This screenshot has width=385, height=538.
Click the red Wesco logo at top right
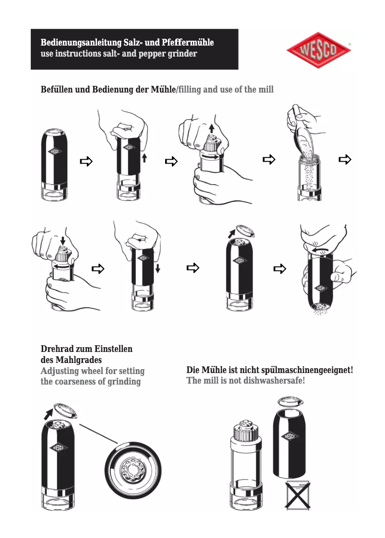pyautogui.click(x=319, y=50)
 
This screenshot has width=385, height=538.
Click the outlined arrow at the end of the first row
pyautogui.click(x=345, y=160)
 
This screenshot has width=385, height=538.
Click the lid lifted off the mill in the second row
pyautogui.click(x=244, y=231)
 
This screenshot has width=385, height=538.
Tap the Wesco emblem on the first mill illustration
pyautogui.click(x=53, y=152)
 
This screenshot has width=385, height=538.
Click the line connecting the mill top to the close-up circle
pyautogui.click(x=98, y=433)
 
